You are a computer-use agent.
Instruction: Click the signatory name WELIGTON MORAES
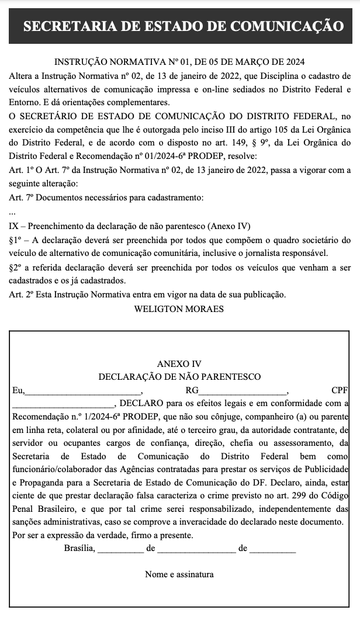[179, 309]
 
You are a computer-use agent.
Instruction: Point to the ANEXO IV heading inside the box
[179, 364]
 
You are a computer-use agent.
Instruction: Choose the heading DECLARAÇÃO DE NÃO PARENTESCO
[179, 377]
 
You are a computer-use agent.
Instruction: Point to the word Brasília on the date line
[79, 549]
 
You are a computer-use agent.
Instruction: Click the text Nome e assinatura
[179, 574]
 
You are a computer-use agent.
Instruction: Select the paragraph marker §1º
[16, 240]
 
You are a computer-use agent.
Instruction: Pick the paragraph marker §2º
[16, 267]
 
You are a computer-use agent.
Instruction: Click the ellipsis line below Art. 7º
[12, 213]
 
